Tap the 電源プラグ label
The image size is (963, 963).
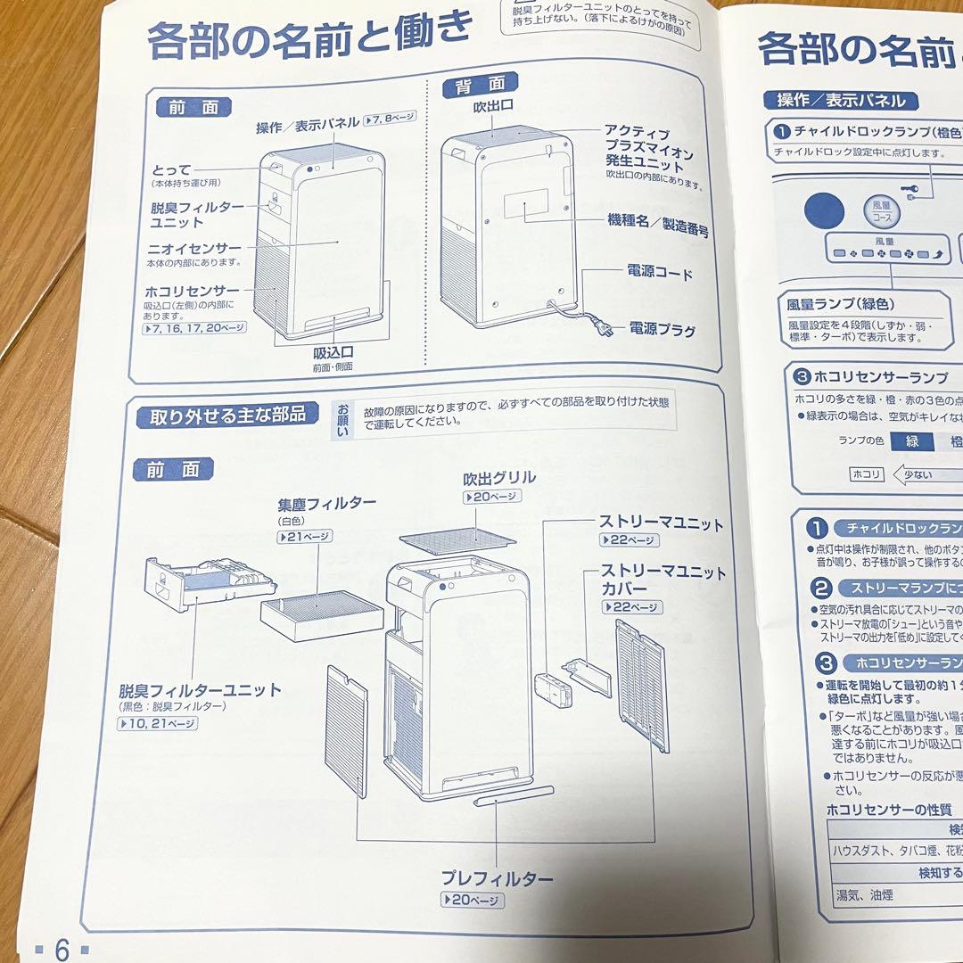662,331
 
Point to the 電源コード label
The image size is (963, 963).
660,273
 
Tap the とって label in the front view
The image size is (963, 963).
171,169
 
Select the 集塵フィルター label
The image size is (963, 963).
326,504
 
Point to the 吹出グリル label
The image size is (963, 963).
498,478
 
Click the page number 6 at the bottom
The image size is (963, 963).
62,950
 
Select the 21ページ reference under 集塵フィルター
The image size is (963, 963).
304,537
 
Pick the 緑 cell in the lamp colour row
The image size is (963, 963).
911,440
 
